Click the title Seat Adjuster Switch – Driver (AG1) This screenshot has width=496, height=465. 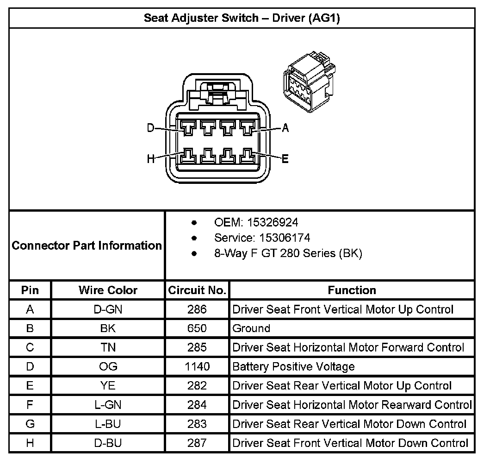242,19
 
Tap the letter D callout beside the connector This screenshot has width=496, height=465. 150,128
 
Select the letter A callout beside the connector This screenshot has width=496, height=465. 285,128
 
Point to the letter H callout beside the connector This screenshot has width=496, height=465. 150,159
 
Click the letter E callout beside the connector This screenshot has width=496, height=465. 285,159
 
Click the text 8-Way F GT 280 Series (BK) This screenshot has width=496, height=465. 288,253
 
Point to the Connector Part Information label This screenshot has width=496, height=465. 87,245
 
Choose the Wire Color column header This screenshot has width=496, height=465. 108,290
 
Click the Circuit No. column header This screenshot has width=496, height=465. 197,290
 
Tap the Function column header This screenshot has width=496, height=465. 352,290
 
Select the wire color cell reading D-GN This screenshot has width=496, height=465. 108,309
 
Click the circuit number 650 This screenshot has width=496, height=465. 197,328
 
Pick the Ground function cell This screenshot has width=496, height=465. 251,328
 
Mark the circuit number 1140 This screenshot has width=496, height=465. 197,367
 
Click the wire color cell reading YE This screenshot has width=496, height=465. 108,386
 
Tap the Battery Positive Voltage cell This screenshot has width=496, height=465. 293,367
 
